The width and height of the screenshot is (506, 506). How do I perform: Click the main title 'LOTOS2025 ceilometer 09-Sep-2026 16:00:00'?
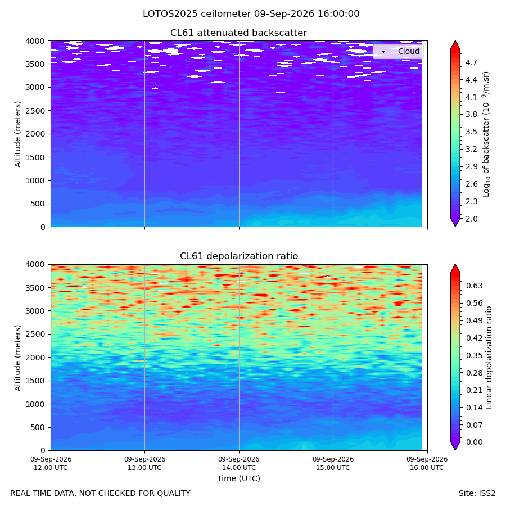[x=251, y=14]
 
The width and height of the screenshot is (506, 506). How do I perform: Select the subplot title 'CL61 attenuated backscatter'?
[x=239, y=33]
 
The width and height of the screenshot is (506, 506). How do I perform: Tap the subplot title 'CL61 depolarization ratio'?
[x=239, y=256]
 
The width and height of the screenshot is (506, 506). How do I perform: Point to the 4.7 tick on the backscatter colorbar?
[x=471, y=62]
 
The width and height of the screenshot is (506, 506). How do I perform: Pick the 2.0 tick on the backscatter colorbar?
[x=471, y=219]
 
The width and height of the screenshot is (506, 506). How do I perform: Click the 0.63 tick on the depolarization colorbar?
[x=474, y=286]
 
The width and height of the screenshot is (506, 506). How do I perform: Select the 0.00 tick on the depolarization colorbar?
[x=474, y=442]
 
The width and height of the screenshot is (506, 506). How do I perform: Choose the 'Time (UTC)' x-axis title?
[x=238, y=478]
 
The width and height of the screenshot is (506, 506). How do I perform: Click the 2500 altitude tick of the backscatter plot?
[x=36, y=111]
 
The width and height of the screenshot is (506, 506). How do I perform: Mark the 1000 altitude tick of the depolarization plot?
[x=36, y=404]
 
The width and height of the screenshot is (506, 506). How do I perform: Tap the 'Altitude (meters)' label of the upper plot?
[x=17, y=134]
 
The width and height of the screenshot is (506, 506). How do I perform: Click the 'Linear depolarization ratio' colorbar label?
[x=489, y=358]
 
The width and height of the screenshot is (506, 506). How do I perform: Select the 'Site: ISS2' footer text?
[x=477, y=494]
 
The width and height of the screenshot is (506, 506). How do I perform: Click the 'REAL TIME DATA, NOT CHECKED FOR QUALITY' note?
[x=101, y=494]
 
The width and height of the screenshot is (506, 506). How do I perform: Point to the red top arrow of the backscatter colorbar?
[x=455, y=45]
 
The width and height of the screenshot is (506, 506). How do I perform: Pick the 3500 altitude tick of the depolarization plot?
[x=36, y=287]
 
